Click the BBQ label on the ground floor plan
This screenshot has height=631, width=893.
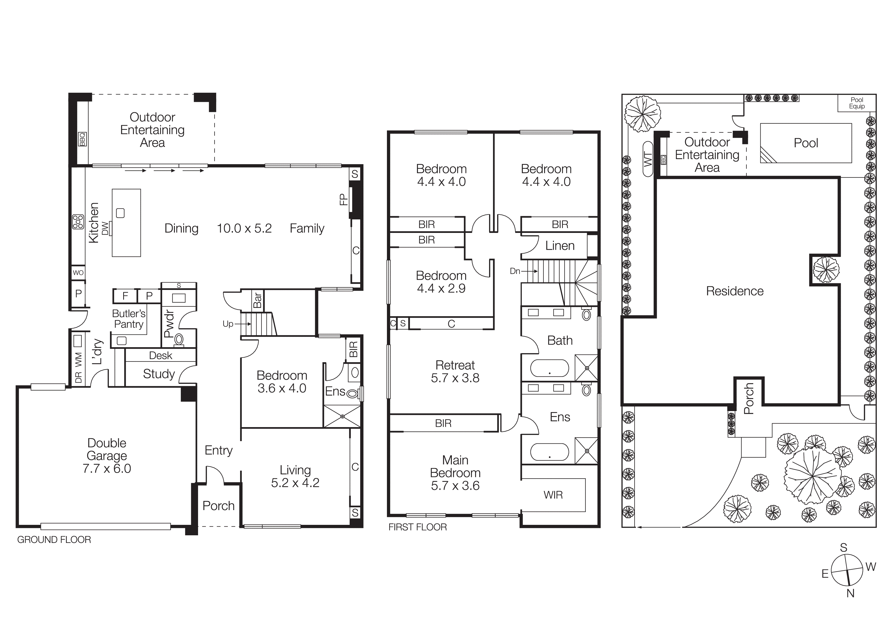(x=82, y=139)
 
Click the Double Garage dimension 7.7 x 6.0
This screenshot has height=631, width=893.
(x=107, y=469)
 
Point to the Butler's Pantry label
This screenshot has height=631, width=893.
(x=129, y=319)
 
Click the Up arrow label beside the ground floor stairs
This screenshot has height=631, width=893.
(x=228, y=324)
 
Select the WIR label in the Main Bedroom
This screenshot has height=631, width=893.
(x=553, y=495)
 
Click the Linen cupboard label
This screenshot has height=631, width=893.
(x=560, y=246)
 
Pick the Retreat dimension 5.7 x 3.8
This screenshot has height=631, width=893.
(x=455, y=378)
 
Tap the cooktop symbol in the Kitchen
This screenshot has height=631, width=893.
(x=78, y=222)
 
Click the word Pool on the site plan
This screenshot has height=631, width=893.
(x=806, y=143)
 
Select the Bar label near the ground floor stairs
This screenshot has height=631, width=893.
(x=257, y=300)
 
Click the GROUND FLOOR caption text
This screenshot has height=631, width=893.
(x=54, y=540)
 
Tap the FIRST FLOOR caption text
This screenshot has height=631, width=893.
(x=418, y=527)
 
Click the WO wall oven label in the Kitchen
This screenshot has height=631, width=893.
(x=78, y=273)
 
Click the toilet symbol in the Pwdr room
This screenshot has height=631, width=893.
(x=179, y=339)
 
